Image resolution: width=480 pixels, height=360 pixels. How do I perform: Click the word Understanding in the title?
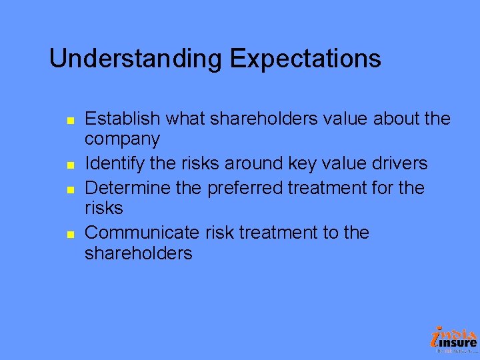137,59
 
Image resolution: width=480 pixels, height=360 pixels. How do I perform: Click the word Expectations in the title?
306,59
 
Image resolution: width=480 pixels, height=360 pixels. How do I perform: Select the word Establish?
123,119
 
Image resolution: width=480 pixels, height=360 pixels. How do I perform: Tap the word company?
122,140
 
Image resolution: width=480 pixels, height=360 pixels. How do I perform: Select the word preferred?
245,188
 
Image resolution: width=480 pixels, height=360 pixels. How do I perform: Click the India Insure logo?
454,339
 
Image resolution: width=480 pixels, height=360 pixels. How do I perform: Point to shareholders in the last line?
138,253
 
